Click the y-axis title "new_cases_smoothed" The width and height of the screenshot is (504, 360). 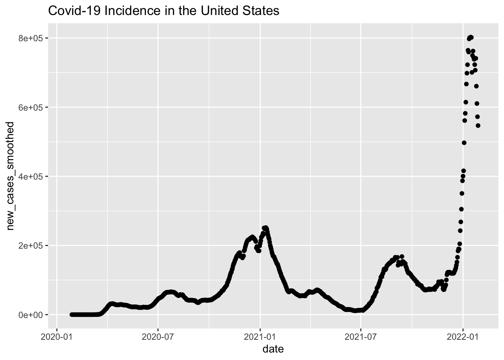coord(11,176)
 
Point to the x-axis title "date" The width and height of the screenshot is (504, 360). coord(273,349)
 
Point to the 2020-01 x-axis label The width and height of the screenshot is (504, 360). coord(57,335)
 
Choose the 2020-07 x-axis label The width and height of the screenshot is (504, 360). coord(158,335)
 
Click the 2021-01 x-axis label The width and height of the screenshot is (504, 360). coord(260,335)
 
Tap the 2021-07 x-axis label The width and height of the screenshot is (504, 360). coord(361,335)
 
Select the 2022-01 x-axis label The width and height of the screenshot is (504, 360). coord(463,335)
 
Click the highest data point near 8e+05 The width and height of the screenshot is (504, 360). coord(471,37)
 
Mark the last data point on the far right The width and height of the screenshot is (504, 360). coord(478,126)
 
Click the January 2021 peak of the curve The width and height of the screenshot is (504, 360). coord(265,228)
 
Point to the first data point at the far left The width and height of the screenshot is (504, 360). coord(72,315)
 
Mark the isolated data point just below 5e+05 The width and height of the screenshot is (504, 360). coord(464,142)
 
